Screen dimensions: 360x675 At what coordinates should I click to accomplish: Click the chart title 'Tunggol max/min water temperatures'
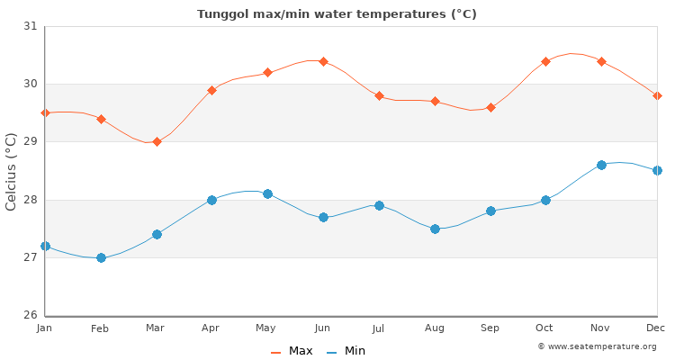tap(337, 14)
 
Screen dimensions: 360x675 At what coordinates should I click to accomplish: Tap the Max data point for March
tap(157, 141)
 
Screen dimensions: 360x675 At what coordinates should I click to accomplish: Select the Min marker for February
tap(101, 257)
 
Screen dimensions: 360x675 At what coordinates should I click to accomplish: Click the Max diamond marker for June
tap(323, 61)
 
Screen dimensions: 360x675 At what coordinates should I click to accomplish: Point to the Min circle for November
tap(601, 165)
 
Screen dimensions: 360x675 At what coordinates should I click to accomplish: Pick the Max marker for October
tap(545, 61)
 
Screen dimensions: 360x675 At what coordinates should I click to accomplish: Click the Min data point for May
tap(267, 193)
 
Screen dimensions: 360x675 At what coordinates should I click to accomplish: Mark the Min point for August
tap(435, 229)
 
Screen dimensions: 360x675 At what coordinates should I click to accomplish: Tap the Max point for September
tap(490, 107)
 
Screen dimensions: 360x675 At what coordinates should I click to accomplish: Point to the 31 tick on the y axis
tap(31, 26)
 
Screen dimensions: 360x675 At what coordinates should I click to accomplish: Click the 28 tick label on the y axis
tap(31, 200)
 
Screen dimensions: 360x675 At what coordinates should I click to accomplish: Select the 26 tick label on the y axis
tap(31, 315)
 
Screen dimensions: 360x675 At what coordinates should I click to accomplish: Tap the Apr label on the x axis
tap(211, 328)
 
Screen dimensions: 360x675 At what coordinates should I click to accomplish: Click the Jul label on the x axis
tap(379, 328)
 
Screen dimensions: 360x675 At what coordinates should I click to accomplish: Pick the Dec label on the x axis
tap(656, 328)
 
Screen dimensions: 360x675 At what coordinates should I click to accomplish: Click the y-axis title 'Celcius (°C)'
tap(12, 171)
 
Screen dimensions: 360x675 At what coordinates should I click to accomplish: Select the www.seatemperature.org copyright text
tap(597, 346)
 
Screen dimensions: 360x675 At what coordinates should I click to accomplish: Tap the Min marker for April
tap(211, 200)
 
